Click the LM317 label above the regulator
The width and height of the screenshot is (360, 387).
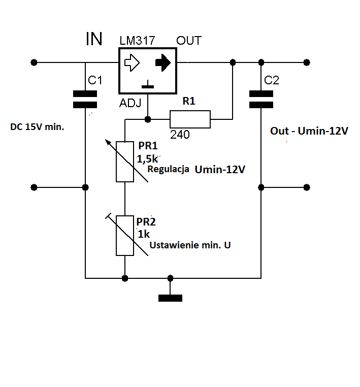(x=137, y=41)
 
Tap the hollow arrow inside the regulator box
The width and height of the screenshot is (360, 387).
(x=132, y=62)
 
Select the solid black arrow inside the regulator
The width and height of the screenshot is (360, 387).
(x=163, y=62)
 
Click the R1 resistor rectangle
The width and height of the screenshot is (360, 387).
(x=190, y=119)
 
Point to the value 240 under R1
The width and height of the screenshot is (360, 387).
(x=180, y=135)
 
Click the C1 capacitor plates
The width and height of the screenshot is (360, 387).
(x=85, y=99)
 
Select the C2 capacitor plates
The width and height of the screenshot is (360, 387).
(x=261, y=99)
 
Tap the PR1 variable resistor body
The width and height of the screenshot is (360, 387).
(x=125, y=162)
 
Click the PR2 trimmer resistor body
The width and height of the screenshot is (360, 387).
(x=125, y=236)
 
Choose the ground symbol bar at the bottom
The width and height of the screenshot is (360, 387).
(x=170, y=298)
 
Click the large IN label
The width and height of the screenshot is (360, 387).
(x=94, y=39)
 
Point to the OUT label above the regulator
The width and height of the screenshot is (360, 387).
(x=189, y=41)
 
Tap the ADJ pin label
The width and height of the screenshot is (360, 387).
(x=130, y=103)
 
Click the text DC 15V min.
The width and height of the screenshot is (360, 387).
(x=37, y=127)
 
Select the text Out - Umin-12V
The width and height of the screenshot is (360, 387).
(x=309, y=131)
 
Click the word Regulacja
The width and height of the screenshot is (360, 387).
(x=168, y=169)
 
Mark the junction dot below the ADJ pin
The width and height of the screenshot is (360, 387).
(x=148, y=119)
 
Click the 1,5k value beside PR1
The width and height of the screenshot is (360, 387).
(x=147, y=158)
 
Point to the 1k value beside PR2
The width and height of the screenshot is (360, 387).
(x=144, y=234)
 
